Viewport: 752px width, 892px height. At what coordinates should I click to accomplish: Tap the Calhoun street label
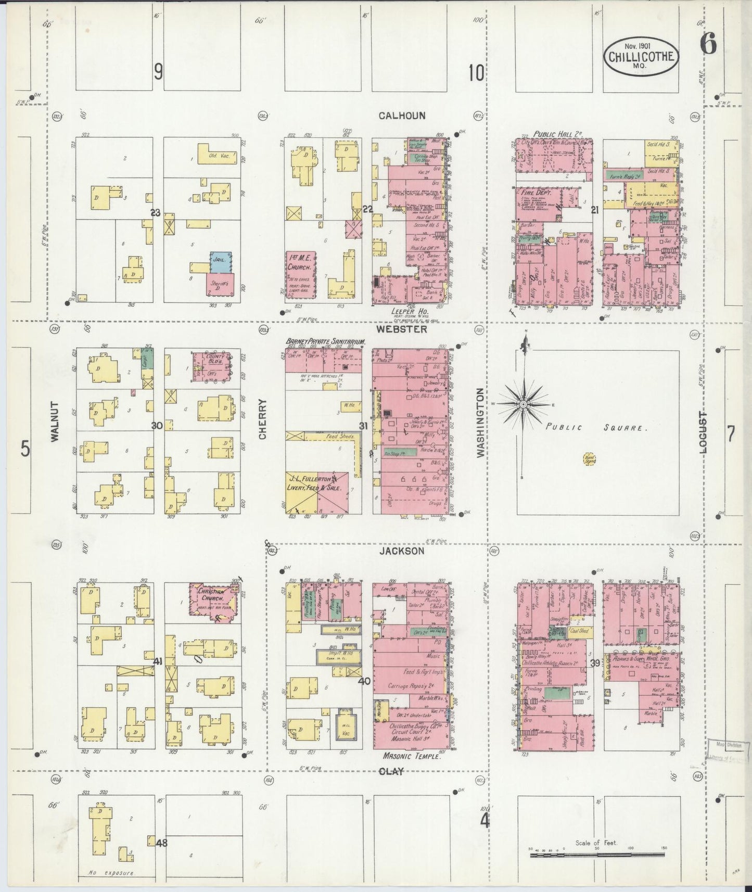pyautogui.click(x=402, y=116)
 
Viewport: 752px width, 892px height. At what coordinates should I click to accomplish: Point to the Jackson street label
pyautogui.click(x=409, y=551)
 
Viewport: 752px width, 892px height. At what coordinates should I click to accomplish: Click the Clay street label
pyautogui.click(x=391, y=771)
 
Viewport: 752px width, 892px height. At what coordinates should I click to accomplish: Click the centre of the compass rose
pyautogui.click(x=523, y=404)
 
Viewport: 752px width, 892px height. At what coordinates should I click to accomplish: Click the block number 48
pyautogui.click(x=162, y=843)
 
